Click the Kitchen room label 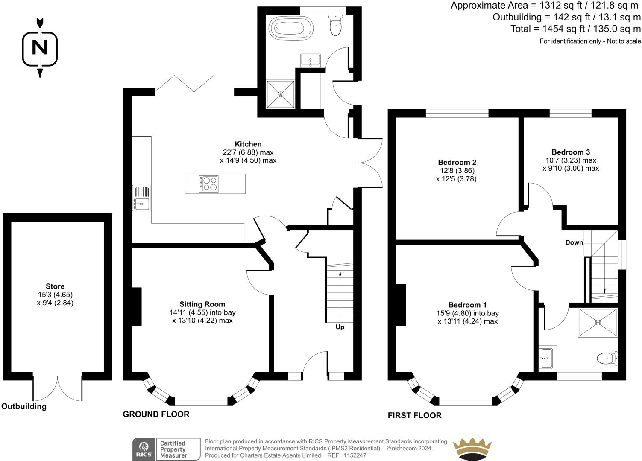[x=248, y=144]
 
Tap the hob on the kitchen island [x=208, y=184]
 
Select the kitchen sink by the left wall [x=141, y=198]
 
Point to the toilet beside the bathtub [x=335, y=25]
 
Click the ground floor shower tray [x=281, y=94]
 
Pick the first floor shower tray [x=598, y=323]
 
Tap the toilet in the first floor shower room [x=607, y=358]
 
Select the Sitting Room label [x=202, y=304]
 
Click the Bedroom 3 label [x=571, y=152]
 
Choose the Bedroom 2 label [x=457, y=162]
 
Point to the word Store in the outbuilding [x=55, y=286]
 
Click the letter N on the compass [x=40, y=47]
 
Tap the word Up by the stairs [x=340, y=327]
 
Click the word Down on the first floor [x=574, y=242]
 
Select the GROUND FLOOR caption [x=156, y=414]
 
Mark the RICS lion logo [x=144, y=449]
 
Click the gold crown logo [x=472, y=449]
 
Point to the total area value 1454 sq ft [x=555, y=29]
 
